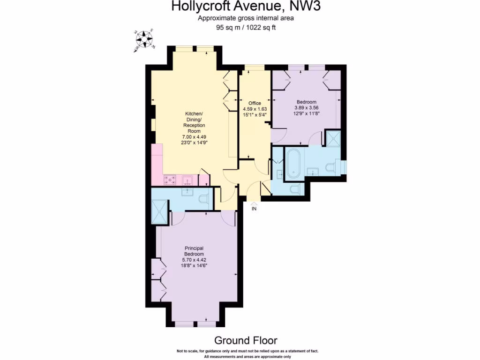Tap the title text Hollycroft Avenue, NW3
coord(240,7)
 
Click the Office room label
coord(255,103)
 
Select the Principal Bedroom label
coord(194,251)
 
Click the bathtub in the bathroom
coord(294,164)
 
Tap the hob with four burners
coord(170,180)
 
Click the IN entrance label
coord(254,209)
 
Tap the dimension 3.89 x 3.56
coord(307,107)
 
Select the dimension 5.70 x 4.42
coord(194,260)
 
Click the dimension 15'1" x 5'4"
coord(255,114)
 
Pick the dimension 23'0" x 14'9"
coord(194,142)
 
